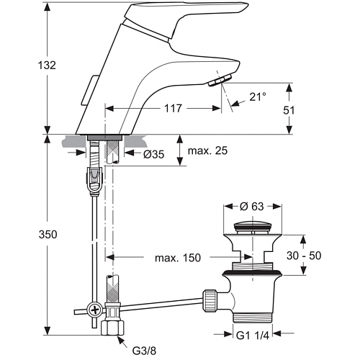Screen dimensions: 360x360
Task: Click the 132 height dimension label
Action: click(47, 66)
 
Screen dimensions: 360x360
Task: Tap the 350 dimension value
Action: click(48, 235)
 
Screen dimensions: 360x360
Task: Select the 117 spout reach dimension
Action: click(173, 109)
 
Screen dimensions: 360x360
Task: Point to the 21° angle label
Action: click(258, 96)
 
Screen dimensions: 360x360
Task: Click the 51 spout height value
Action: click(289, 110)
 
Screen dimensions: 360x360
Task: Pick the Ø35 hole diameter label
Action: click(154, 154)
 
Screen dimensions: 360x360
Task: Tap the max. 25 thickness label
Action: click(207, 150)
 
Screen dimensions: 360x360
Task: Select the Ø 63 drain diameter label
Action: click(251, 207)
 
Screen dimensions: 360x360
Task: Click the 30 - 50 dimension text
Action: click(304, 256)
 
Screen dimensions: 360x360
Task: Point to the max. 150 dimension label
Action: click(178, 258)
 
